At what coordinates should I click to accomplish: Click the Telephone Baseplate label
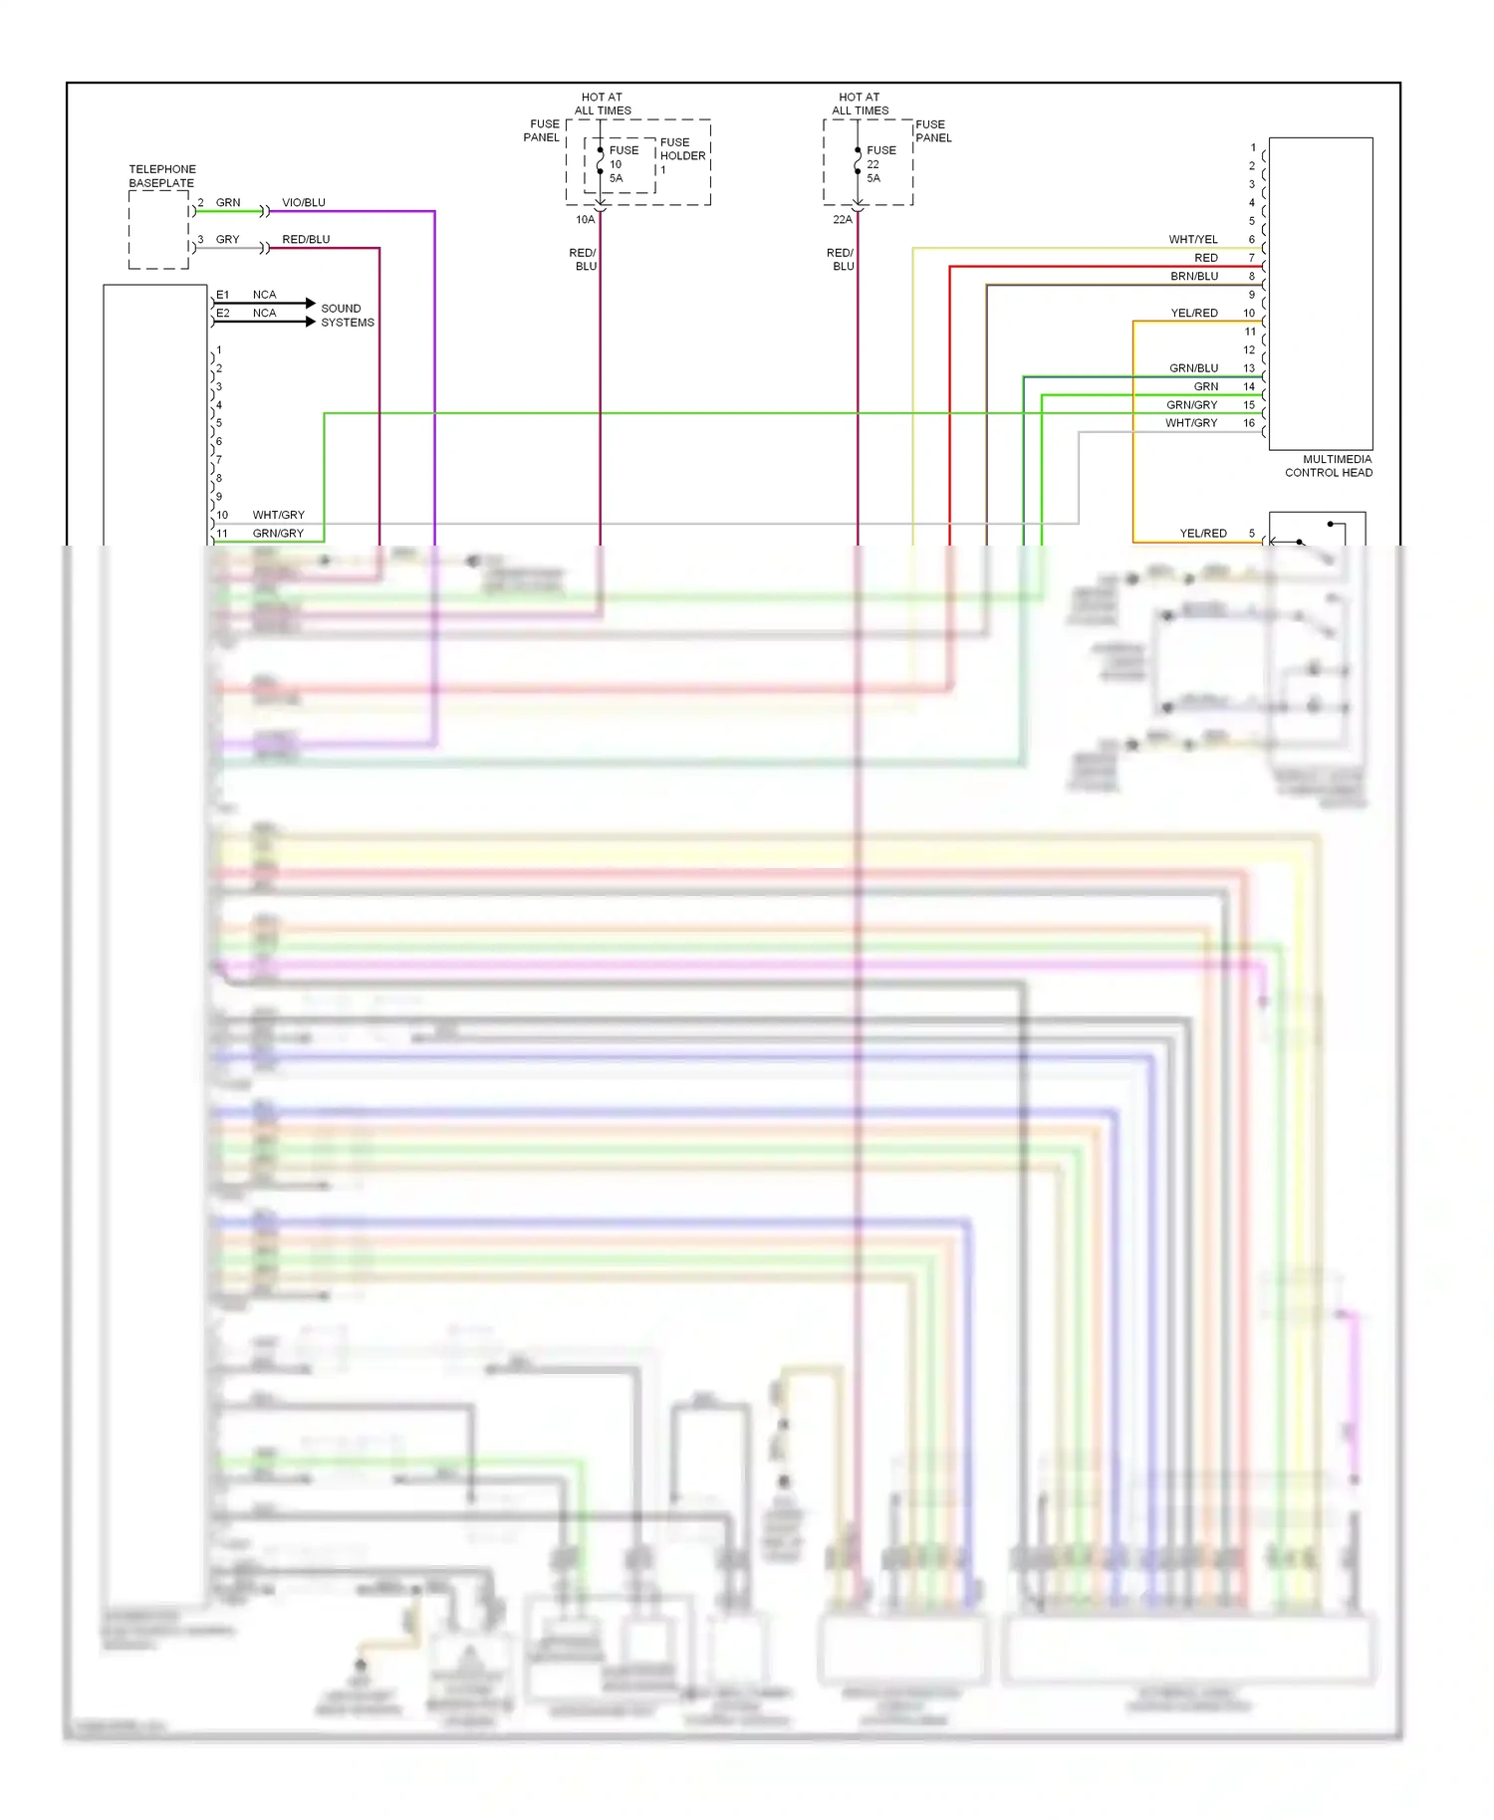(161, 176)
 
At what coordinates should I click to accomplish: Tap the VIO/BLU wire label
(304, 203)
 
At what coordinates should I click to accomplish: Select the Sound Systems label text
(347, 316)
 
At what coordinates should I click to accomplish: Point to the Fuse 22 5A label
(880, 164)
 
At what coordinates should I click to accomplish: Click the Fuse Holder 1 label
(682, 155)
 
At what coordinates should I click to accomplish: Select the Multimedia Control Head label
(1329, 466)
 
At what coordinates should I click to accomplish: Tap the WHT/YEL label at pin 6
(1193, 240)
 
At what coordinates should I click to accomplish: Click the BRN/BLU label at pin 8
(1194, 277)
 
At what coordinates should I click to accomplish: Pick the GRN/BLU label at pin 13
(1193, 368)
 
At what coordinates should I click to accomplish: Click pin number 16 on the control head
(1249, 423)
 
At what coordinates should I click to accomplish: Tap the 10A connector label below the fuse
(585, 220)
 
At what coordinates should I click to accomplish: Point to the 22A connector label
(843, 220)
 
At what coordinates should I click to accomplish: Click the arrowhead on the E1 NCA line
(311, 303)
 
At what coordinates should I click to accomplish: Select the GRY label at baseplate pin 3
(227, 240)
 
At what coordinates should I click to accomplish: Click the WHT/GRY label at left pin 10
(278, 516)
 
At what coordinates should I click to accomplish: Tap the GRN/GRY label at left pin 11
(278, 534)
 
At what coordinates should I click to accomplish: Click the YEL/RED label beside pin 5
(1203, 534)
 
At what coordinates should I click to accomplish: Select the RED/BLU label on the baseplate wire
(306, 240)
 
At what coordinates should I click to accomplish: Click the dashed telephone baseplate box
(159, 230)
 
